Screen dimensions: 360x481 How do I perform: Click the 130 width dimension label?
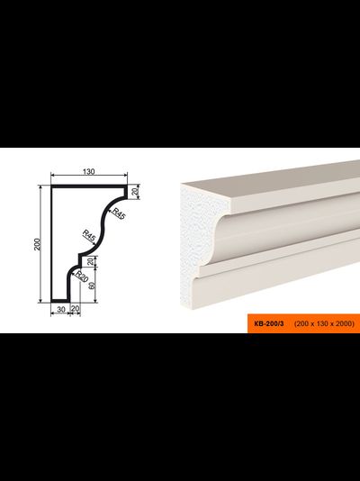point(88,171)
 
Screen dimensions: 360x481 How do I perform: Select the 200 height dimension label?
point(37,244)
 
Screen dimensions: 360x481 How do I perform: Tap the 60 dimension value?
point(92,286)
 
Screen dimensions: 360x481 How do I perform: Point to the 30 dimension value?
point(61,310)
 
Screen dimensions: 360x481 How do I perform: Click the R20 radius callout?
point(82,277)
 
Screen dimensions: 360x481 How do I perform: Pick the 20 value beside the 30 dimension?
point(76,309)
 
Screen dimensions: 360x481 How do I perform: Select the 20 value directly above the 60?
point(90,261)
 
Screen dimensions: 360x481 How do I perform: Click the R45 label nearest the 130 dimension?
point(119,213)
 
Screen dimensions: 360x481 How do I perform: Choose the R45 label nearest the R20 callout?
point(89,236)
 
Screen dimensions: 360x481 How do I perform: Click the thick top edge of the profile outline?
point(89,186)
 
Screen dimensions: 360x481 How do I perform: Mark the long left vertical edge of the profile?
point(51,244)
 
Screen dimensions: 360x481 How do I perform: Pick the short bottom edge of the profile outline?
point(60,301)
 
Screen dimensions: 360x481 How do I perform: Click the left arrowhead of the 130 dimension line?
point(53,175)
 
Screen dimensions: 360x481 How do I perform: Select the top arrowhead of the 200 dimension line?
point(40,187)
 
